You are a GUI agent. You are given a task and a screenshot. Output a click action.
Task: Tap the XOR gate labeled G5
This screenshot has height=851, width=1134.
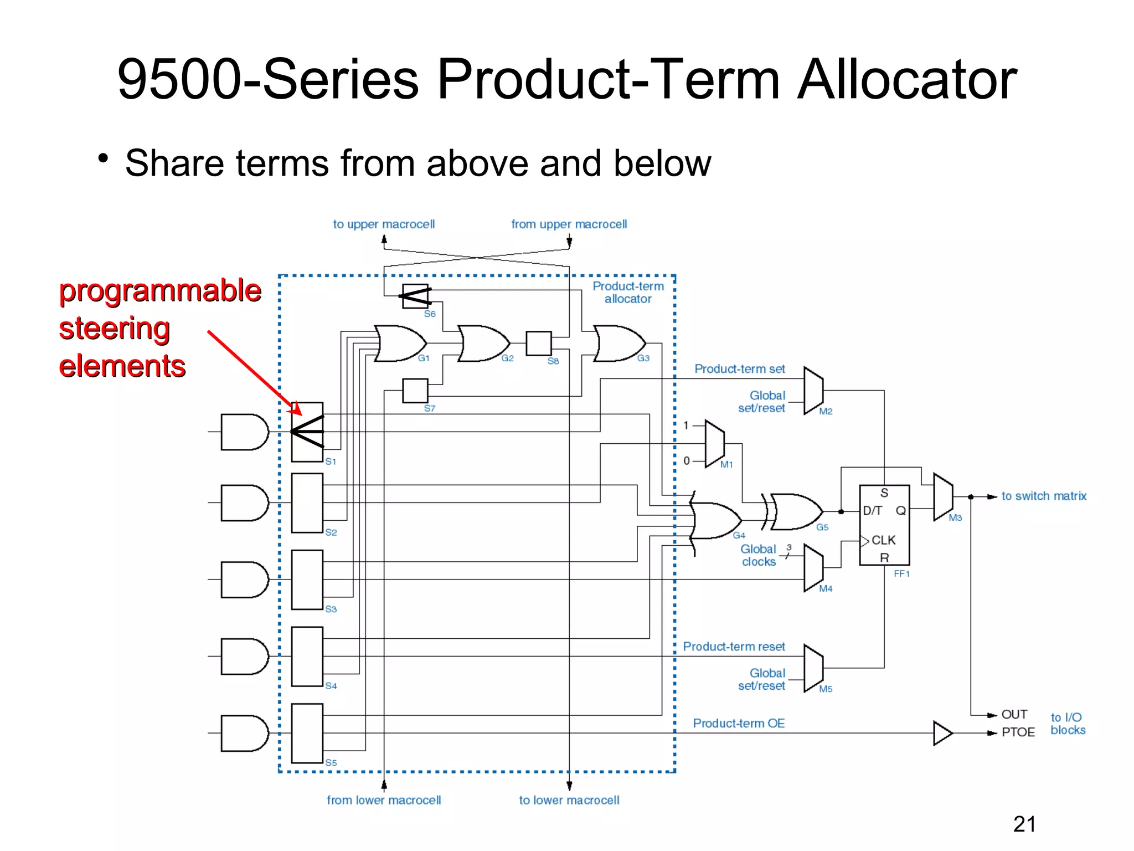(796, 511)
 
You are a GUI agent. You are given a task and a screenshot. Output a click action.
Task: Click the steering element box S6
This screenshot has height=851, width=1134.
(415, 296)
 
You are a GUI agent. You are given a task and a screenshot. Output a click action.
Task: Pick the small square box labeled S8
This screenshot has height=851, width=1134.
(538, 344)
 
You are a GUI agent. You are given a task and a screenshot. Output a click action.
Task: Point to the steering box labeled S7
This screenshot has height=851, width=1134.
(415, 391)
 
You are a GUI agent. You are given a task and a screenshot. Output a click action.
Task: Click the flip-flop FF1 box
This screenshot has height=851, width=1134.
(884, 525)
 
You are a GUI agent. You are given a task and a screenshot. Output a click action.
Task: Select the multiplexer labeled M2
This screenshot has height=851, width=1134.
(813, 391)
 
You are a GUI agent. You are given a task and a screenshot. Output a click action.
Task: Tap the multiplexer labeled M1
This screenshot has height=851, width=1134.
(714, 444)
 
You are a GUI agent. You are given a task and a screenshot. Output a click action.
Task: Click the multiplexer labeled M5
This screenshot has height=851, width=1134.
(813, 668)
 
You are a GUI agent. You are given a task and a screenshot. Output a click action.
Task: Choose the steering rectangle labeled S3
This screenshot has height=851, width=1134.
(307, 580)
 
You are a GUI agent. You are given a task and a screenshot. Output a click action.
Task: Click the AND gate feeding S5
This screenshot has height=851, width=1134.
(244, 733)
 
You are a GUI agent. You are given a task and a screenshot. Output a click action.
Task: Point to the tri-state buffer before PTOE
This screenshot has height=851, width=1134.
(942, 733)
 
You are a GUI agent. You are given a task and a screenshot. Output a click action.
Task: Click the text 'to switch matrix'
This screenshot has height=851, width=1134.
(1043, 496)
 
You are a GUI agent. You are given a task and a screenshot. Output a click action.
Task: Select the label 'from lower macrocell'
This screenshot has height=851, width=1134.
(383, 800)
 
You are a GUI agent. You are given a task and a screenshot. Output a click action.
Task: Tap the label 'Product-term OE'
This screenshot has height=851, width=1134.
(739, 723)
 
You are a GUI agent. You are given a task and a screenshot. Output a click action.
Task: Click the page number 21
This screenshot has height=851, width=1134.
(1024, 824)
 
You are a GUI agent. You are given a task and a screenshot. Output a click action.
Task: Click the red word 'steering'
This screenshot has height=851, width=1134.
(114, 329)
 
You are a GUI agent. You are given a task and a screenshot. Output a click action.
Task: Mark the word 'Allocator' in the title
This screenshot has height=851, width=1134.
(906, 79)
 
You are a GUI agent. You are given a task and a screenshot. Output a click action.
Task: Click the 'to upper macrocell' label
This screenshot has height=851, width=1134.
(383, 224)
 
